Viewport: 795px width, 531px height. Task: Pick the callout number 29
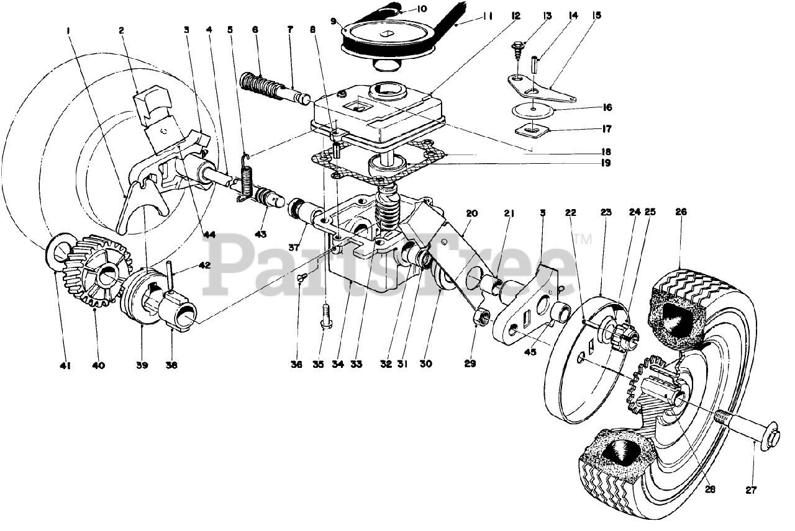[470, 364]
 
